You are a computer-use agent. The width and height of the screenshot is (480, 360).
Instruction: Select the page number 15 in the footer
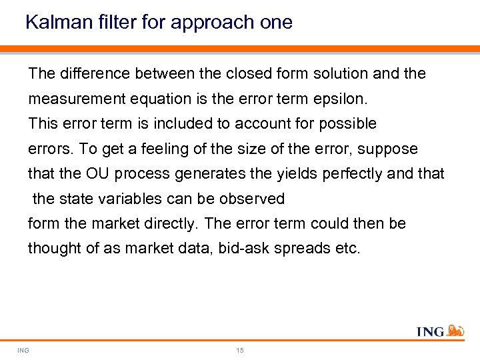point(240,350)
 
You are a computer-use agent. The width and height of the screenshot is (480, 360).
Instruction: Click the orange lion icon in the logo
point(455,329)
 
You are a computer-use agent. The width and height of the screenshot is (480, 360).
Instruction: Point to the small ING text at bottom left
point(23,350)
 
